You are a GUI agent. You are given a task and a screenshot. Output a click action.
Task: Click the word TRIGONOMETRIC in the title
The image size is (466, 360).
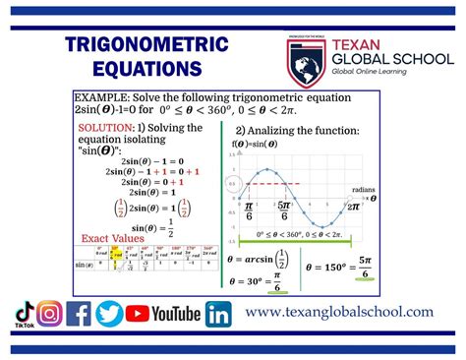146,46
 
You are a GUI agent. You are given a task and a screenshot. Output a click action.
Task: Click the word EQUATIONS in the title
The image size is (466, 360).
146,70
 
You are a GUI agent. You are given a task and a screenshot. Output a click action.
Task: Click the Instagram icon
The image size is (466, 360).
50,314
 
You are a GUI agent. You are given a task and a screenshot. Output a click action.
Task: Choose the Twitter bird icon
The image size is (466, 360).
109,314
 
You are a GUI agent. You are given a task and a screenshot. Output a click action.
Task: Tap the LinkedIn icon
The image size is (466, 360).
218,314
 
